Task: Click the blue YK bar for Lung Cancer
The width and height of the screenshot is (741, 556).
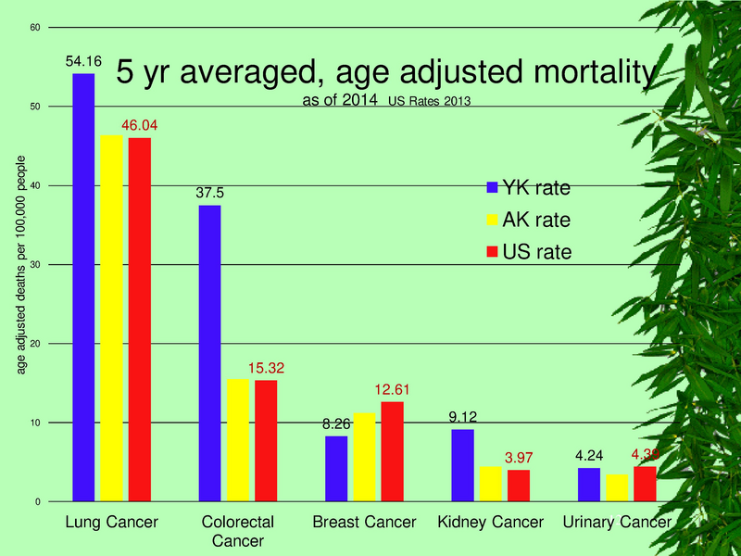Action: pyautogui.click(x=83, y=287)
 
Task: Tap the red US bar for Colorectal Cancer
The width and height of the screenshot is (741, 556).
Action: pyautogui.click(x=266, y=441)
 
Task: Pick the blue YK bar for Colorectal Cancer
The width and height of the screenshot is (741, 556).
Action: pyautogui.click(x=209, y=353)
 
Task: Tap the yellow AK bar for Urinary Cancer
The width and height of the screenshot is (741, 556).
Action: pyautogui.click(x=615, y=487)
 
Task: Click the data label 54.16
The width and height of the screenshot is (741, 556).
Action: pyautogui.click(x=83, y=61)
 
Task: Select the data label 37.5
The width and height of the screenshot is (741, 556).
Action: pyautogui.click(x=209, y=194)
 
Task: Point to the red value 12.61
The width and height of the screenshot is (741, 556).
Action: pyautogui.click(x=392, y=390)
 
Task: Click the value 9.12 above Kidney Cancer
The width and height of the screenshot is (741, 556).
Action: pyautogui.click(x=462, y=418)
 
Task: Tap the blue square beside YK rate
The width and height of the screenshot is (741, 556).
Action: pyautogui.click(x=493, y=188)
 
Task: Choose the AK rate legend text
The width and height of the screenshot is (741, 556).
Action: pyautogui.click(x=536, y=221)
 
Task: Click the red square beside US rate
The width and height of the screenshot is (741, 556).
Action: pyautogui.click(x=493, y=252)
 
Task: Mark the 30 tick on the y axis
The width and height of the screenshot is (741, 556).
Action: pyautogui.click(x=34, y=265)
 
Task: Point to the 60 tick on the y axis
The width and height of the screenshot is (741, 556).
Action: pyautogui.click(x=34, y=28)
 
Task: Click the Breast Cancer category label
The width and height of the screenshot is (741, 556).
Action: pyautogui.click(x=364, y=523)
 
